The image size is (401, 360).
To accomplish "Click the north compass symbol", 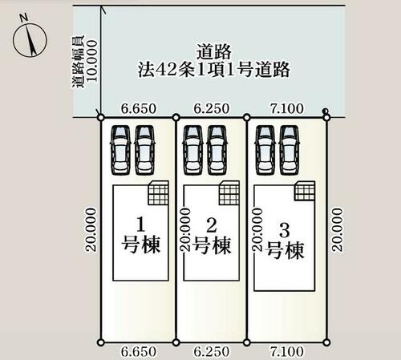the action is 30,40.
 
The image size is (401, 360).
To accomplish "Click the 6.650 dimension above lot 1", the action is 139,108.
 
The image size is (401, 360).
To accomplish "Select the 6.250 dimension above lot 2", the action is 211,108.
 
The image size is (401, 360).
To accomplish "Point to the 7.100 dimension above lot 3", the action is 287,108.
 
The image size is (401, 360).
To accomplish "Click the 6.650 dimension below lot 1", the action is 139,351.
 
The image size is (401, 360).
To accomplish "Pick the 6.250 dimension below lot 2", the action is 211,351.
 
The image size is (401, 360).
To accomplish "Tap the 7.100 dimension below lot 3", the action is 287,351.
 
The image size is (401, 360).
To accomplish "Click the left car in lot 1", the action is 120,150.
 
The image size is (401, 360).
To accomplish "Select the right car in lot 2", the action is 217,150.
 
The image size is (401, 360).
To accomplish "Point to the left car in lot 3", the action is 265,150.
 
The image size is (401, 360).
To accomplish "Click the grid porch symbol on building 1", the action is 159,193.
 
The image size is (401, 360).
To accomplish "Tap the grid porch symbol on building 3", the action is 305,191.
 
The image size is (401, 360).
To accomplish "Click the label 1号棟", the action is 141,235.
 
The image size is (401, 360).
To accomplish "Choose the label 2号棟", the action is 212,236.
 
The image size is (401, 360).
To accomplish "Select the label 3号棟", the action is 285,241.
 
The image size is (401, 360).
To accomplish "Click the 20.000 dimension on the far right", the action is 337,230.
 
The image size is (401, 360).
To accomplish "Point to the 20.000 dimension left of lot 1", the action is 91,230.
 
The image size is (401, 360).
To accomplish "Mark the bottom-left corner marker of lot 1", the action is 101,342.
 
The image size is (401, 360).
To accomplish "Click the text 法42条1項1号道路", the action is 214,70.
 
